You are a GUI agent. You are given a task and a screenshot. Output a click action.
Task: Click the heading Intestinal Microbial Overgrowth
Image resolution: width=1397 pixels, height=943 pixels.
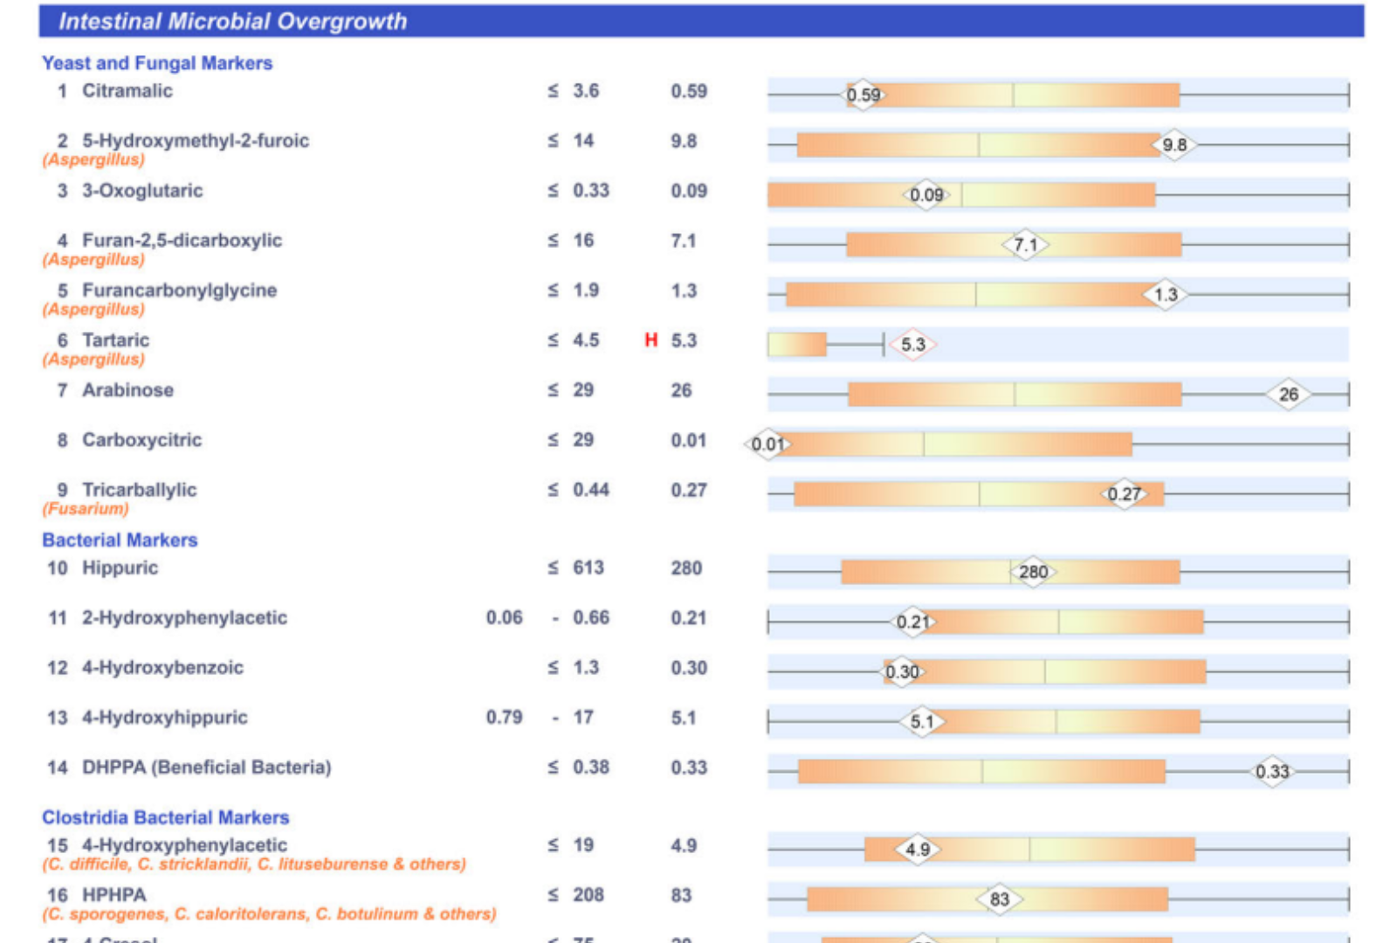232,21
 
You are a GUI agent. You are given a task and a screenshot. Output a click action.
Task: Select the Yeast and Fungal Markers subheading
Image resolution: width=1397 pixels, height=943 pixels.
157,63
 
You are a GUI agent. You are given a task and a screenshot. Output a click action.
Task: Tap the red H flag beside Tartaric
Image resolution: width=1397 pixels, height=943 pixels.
650,340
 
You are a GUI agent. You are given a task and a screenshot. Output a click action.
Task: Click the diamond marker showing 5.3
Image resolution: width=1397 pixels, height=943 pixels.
912,345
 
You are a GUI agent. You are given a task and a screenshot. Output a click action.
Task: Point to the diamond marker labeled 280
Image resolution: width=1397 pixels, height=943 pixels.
1033,572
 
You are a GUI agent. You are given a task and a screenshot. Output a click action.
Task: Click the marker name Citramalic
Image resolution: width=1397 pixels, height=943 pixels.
127,91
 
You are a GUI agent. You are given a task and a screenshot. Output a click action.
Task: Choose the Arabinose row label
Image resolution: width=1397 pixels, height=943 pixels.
127,390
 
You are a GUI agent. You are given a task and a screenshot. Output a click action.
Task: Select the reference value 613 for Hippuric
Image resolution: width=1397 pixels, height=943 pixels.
588,568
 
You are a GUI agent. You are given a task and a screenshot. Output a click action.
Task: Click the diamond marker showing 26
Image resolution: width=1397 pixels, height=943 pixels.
1289,395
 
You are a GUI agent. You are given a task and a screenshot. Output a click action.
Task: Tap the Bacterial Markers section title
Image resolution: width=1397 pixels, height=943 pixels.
120,540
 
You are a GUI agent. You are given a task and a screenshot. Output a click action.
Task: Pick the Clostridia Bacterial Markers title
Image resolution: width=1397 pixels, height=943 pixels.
166,817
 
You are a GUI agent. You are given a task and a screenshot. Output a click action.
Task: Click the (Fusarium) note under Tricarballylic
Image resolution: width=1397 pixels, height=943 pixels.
86,508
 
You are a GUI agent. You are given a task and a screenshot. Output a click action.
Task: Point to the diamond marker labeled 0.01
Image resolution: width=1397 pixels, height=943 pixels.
767,444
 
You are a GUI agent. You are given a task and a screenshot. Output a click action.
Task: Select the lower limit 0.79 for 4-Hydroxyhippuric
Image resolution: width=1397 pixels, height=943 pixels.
504,717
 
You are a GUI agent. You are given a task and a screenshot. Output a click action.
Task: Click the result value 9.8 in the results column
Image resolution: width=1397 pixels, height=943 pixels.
684,141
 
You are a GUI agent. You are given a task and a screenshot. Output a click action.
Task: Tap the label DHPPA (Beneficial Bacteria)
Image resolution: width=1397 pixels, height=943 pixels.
206,767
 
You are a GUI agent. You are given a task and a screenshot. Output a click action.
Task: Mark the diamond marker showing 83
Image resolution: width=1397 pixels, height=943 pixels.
999,899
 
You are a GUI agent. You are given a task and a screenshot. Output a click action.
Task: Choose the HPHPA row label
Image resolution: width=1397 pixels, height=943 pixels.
114,895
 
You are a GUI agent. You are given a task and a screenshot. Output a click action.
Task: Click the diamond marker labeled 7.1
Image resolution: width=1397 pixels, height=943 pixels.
1025,245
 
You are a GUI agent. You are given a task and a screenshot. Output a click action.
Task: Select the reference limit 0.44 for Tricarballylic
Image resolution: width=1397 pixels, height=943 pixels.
590,490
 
